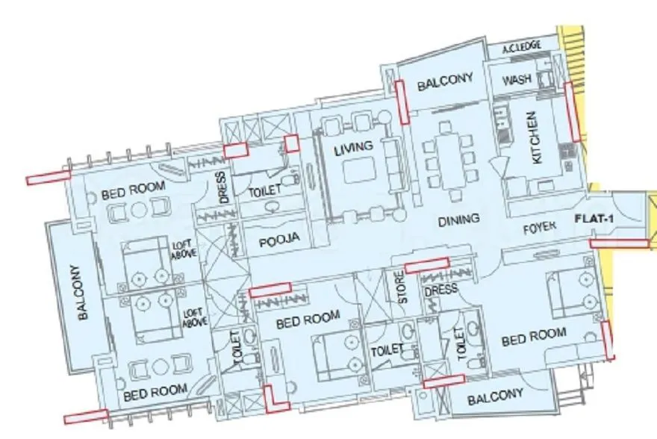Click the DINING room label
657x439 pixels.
(457, 219)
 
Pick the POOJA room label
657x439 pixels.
(279, 240)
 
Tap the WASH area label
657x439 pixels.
(517, 80)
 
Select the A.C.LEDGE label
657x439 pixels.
(523, 50)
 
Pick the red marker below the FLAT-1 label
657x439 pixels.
(619, 243)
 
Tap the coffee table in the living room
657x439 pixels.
(358, 170)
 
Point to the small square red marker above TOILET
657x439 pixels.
(291, 143)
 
